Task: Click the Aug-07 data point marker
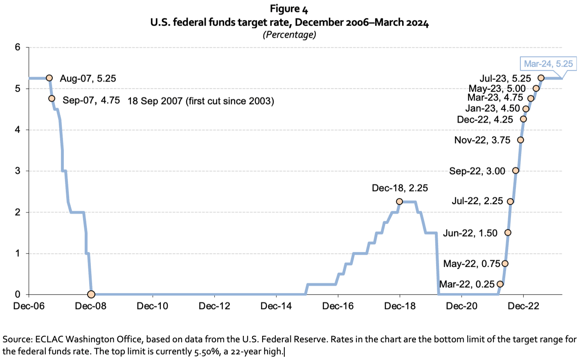point(49,78)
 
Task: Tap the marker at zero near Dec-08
point(91,294)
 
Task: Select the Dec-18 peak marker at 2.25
point(399,201)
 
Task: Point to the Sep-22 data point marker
point(515,171)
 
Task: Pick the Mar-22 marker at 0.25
point(500,284)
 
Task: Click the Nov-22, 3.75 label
point(482,140)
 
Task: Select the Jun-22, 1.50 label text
point(470,233)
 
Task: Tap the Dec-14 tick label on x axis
point(276,306)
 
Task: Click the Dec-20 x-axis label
point(461,306)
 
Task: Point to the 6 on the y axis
point(18,47)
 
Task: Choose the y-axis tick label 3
point(18,171)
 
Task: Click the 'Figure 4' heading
point(289,9)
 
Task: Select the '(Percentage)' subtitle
point(289,35)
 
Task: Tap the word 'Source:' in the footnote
point(17,339)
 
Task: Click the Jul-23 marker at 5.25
point(541,78)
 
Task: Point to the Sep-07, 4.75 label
point(91,101)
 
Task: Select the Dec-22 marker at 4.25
point(523,119)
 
